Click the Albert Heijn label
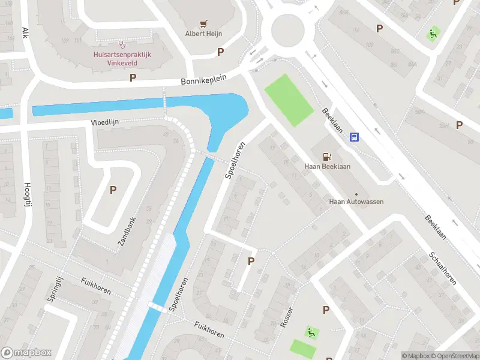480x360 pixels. pos(203,34)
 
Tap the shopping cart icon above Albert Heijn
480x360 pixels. pos(203,24)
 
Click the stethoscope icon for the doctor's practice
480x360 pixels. pos(122,43)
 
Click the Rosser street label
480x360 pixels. pos(287,317)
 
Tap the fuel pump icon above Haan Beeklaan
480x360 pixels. pos(328,156)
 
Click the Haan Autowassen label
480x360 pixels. pos(356,202)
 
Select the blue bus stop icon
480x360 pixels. pos(355,137)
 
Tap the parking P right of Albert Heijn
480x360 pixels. pos(220,52)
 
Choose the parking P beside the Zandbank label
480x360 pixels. pos(113,190)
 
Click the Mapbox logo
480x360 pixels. pos(26,353)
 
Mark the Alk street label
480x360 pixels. pos(25,32)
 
